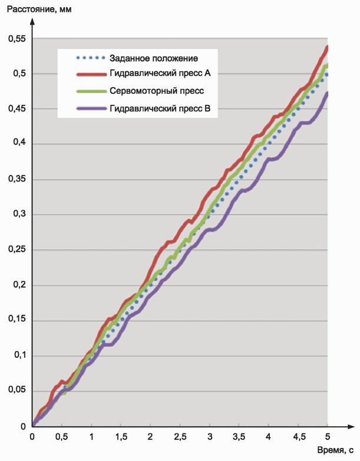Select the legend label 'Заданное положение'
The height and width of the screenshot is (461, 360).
[153, 58]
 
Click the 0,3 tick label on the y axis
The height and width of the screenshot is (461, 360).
[16, 215]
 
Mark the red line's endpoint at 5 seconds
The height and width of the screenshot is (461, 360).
[327, 47]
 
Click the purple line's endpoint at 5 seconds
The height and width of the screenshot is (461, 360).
[327, 93]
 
